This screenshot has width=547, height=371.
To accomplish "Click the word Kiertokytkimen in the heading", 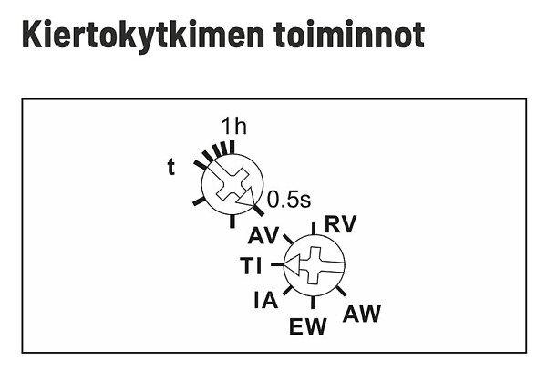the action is point(143,36).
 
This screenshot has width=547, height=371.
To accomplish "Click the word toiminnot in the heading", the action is point(349,34).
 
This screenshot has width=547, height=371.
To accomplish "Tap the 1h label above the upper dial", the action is point(234,126).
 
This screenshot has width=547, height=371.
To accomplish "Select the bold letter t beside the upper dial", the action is point(171,167).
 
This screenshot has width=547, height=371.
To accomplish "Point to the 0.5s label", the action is point(289,200).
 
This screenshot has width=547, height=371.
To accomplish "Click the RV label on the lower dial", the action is point(340,224).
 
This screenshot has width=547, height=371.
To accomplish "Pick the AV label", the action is point(263,235).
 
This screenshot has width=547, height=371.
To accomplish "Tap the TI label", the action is point(251,265).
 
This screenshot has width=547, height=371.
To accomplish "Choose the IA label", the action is point(266,300).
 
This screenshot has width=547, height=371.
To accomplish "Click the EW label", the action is point(308,326).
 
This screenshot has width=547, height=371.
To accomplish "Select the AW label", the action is point(362,314).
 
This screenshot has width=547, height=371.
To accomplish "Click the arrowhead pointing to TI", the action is point(293,264).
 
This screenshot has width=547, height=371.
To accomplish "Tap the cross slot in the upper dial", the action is point(232,184).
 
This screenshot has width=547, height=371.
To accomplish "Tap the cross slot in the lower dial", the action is point(315,265).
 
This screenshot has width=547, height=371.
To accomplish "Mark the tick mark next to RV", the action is point(314,229).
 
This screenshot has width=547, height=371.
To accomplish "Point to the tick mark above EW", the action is point(313,303).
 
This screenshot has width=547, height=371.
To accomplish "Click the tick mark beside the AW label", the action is point(341,291).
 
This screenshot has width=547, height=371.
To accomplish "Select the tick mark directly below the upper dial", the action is point(232,222).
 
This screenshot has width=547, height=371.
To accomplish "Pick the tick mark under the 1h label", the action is point(232,148).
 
